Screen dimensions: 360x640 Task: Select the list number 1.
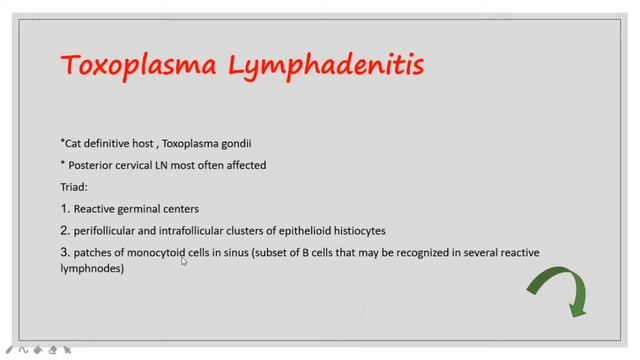click(64, 208)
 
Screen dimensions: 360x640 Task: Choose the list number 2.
click(64, 230)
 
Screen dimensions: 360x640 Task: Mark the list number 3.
click(64, 253)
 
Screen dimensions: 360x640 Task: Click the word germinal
click(146, 208)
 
